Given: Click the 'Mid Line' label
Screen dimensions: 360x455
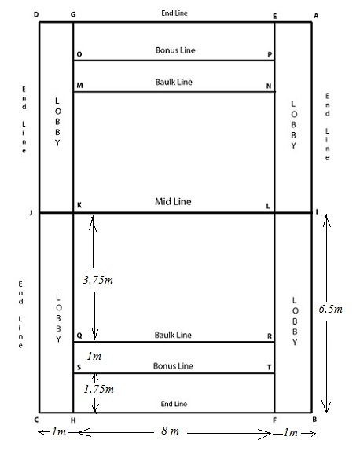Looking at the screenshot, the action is (x=173, y=201).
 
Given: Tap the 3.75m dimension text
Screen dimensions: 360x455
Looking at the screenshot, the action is (x=97, y=280).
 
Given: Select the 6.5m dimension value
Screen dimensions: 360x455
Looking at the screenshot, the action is (x=330, y=309).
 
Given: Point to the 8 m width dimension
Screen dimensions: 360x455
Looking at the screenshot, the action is (x=170, y=431).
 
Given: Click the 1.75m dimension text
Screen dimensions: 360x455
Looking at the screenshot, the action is (x=99, y=389).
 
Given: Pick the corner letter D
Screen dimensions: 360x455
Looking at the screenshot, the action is (x=36, y=14).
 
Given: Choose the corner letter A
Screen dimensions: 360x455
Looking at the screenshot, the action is (x=316, y=16).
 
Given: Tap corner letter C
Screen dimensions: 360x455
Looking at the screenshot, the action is (x=36, y=420).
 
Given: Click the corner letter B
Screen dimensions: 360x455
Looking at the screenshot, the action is (x=314, y=420).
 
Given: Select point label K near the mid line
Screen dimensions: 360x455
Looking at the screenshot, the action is (x=79, y=205).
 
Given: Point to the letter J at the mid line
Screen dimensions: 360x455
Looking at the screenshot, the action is (x=31, y=213).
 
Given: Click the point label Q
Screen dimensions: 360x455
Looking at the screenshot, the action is (x=79, y=336).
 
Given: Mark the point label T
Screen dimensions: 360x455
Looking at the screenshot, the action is (x=269, y=367).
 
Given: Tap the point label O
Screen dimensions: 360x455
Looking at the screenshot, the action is (x=79, y=54).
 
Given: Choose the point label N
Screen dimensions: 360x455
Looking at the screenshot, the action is (x=269, y=86).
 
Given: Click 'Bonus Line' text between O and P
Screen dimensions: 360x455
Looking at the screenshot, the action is (x=175, y=50).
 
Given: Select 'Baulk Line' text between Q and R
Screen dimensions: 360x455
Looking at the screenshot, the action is (x=173, y=335).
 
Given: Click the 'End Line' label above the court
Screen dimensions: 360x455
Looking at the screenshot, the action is (x=174, y=13).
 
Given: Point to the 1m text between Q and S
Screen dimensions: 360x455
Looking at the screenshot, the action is (x=94, y=356).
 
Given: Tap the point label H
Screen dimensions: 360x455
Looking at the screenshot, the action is (x=73, y=420).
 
